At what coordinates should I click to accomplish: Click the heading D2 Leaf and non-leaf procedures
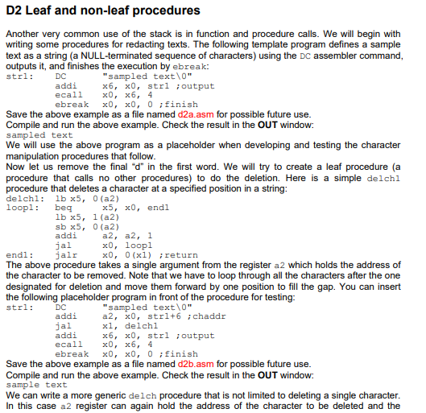pos(103,10)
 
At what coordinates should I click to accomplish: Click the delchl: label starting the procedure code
pos(22,196)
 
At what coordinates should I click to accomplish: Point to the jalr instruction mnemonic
pos(64,254)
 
